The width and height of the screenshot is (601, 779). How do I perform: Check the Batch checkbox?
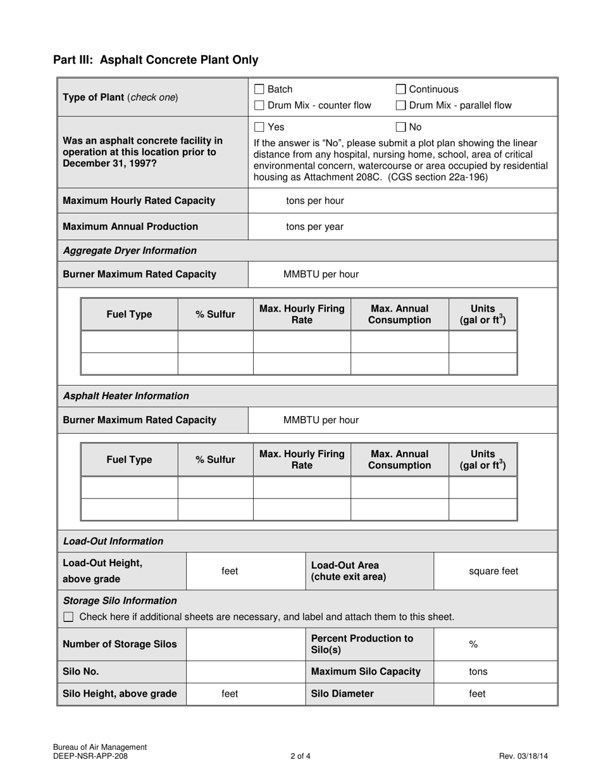(x=259, y=90)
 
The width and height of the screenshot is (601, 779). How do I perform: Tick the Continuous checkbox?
(x=400, y=90)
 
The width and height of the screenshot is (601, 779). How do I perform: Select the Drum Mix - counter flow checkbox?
(x=259, y=106)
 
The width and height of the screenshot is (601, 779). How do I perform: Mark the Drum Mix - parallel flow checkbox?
(x=400, y=106)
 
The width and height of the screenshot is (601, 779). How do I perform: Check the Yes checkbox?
(x=259, y=127)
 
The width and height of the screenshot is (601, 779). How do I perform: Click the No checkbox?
(x=400, y=127)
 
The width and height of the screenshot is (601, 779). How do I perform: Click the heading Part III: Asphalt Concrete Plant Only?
(x=156, y=60)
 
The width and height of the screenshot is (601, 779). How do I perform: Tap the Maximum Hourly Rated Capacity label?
(x=139, y=201)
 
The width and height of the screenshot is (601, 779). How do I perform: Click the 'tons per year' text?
(x=314, y=227)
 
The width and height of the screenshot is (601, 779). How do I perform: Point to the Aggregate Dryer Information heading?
(x=130, y=251)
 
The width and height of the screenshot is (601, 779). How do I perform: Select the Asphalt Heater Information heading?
(x=126, y=396)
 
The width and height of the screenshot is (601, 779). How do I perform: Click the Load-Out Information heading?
(x=113, y=541)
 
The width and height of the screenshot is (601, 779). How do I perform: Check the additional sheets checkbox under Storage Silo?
(x=69, y=617)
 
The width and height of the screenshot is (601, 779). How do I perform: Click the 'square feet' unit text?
(x=493, y=571)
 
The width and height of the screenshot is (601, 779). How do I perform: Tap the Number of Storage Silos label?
(x=120, y=645)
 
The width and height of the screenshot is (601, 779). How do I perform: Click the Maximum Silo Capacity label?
(x=366, y=672)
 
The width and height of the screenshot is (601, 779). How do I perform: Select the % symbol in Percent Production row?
(x=473, y=645)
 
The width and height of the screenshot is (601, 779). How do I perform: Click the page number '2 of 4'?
(x=300, y=756)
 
